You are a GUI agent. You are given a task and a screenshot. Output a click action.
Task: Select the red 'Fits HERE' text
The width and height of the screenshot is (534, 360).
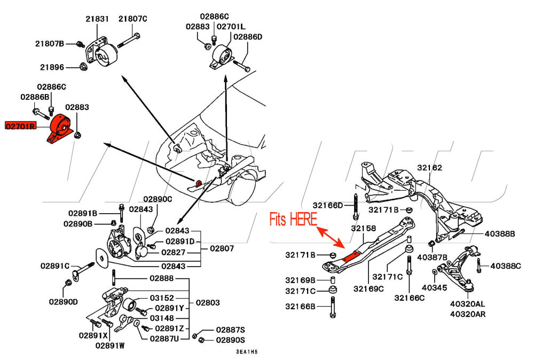[x=293, y=219]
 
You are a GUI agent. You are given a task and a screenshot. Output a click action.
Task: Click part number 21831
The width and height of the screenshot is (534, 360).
[x=97, y=19]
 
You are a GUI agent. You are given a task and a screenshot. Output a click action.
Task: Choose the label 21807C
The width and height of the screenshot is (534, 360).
[x=132, y=19]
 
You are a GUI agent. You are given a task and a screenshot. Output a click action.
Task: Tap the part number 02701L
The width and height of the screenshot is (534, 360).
[x=231, y=26]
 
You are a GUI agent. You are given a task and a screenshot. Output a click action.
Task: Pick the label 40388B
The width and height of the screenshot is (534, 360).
[x=500, y=233]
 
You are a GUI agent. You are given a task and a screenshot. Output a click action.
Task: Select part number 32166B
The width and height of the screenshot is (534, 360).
[x=300, y=306]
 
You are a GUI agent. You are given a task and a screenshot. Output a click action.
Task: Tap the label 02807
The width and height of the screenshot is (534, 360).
[x=222, y=248]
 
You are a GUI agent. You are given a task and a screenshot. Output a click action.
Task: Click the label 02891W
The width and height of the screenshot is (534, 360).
[x=110, y=345]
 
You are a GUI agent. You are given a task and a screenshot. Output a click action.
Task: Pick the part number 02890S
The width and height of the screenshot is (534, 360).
[x=231, y=340]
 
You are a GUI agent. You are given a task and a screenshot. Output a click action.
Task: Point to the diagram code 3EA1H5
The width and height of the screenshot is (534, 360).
[x=247, y=352]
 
